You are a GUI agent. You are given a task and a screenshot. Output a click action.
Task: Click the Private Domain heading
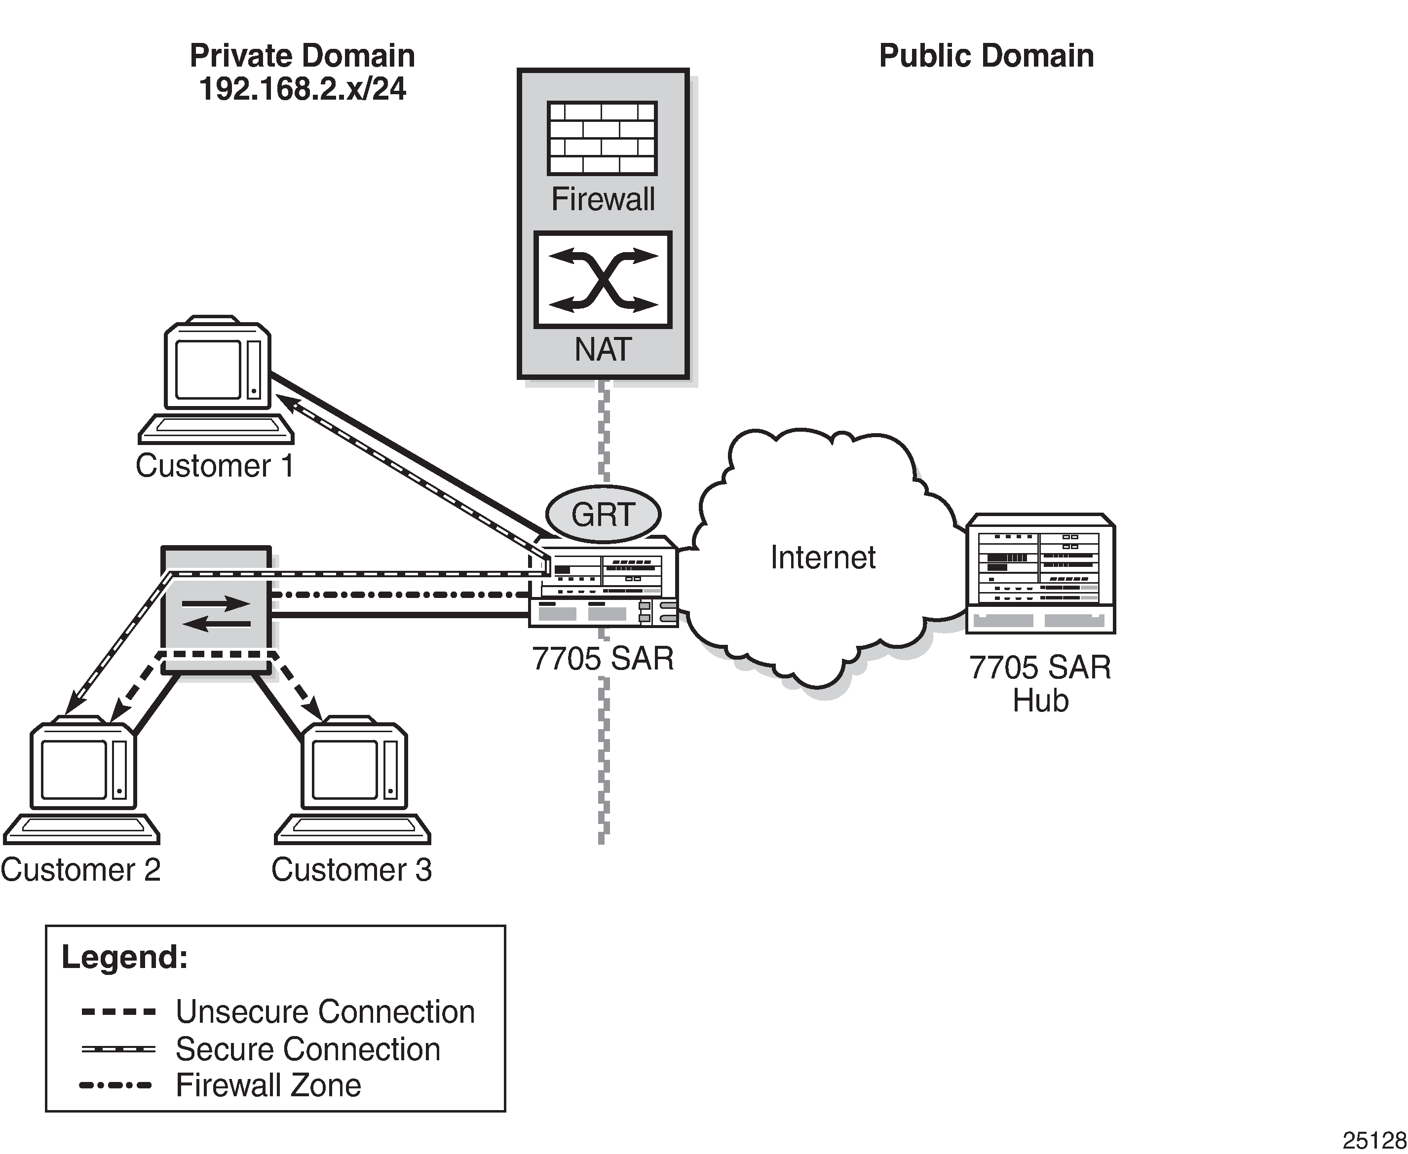[x=303, y=56]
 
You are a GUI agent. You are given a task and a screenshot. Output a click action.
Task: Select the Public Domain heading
[x=986, y=56]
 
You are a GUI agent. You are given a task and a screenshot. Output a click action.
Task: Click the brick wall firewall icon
[x=602, y=138]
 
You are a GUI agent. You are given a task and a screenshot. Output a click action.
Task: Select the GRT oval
[x=603, y=514]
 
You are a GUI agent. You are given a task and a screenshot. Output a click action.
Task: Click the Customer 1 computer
[x=217, y=379]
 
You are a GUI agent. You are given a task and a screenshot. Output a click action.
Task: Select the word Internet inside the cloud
[x=822, y=558]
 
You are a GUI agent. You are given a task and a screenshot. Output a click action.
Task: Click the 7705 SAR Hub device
[x=1040, y=573]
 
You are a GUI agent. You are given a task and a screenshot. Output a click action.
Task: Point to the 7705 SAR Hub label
[x=1040, y=683]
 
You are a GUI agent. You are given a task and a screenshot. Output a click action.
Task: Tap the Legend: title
[x=125, y=957]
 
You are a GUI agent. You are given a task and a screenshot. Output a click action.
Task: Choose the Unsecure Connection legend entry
[x=325, y=1012]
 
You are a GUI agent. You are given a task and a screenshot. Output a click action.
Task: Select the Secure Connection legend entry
[x=308, y=1049]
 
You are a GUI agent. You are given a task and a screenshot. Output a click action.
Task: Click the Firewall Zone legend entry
[x=268, y=1085]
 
